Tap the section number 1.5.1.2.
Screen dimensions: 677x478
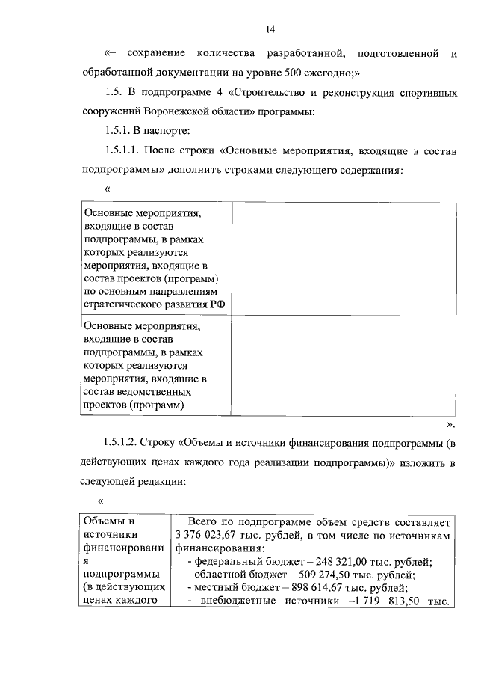coord(123,444)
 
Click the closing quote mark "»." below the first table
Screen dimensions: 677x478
coord(450,423)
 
